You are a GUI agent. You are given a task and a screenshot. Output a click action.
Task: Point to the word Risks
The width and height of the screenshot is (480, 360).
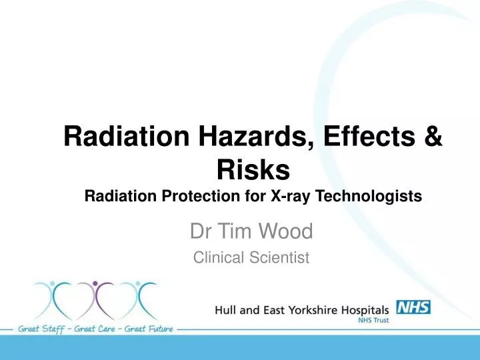pyautogui.click(x=253, y=170)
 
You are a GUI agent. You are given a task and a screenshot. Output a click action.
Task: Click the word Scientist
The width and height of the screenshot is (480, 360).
pyautogui.click(x=277, y=256)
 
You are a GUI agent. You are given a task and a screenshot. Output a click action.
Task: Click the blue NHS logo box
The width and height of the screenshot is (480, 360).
pyautogui.click(x=414, y=307)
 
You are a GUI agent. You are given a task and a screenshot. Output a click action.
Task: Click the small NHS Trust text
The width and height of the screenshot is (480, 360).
pyautogui.click(x=378, y=321)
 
